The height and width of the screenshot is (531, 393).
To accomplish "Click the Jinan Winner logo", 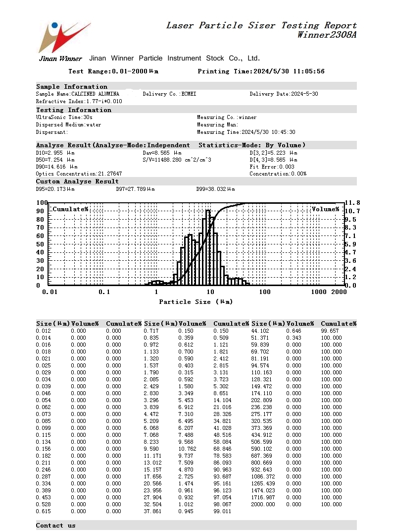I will point(63,40).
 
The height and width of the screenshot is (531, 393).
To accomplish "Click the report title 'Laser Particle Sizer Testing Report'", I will point(261,25).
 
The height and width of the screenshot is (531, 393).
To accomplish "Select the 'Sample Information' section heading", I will point(72,87).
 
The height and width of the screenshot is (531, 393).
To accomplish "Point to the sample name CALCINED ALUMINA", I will point(95,94).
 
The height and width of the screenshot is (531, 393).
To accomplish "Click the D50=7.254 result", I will point(55,160).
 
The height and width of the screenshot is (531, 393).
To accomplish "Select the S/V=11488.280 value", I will point(177,160).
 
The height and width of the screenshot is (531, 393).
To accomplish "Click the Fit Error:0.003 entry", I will point(272,167).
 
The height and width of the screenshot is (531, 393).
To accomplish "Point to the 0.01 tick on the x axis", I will point(49,292).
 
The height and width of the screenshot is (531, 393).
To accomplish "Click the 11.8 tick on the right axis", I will point(352,203).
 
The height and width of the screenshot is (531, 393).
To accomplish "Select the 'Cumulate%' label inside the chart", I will point(70,209).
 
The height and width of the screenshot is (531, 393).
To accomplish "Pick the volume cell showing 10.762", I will point(187,449).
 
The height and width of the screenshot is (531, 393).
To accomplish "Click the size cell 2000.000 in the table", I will point(263,504).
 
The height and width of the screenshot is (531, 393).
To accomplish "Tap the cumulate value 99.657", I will point(331,331).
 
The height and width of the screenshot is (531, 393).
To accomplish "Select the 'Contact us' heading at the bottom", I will point(56,526).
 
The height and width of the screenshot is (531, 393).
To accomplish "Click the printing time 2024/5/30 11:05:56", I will point(289,71).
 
